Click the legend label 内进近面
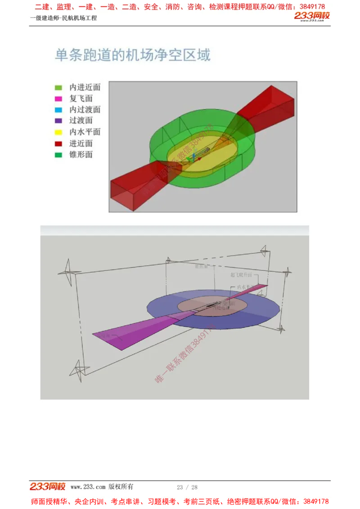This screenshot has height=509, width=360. click(85, 87)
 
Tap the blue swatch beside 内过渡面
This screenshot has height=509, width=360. click(58, 110)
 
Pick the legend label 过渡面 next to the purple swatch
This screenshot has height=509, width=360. click(81, 121)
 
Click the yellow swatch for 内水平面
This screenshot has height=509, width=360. click(58, 132)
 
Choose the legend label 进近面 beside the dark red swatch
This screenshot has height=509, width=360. click(81, 143)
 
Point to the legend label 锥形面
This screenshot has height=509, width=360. click(81, 155)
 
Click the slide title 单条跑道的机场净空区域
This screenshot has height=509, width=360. click(132, 55)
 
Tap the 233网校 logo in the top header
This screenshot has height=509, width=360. click(312, 17)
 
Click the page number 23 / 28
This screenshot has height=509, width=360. click(187, 487)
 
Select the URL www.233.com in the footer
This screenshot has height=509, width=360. click(88, 487)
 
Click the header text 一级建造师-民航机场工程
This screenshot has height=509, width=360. click(63, 18)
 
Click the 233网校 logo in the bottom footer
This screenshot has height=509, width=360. click(47, 487)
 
